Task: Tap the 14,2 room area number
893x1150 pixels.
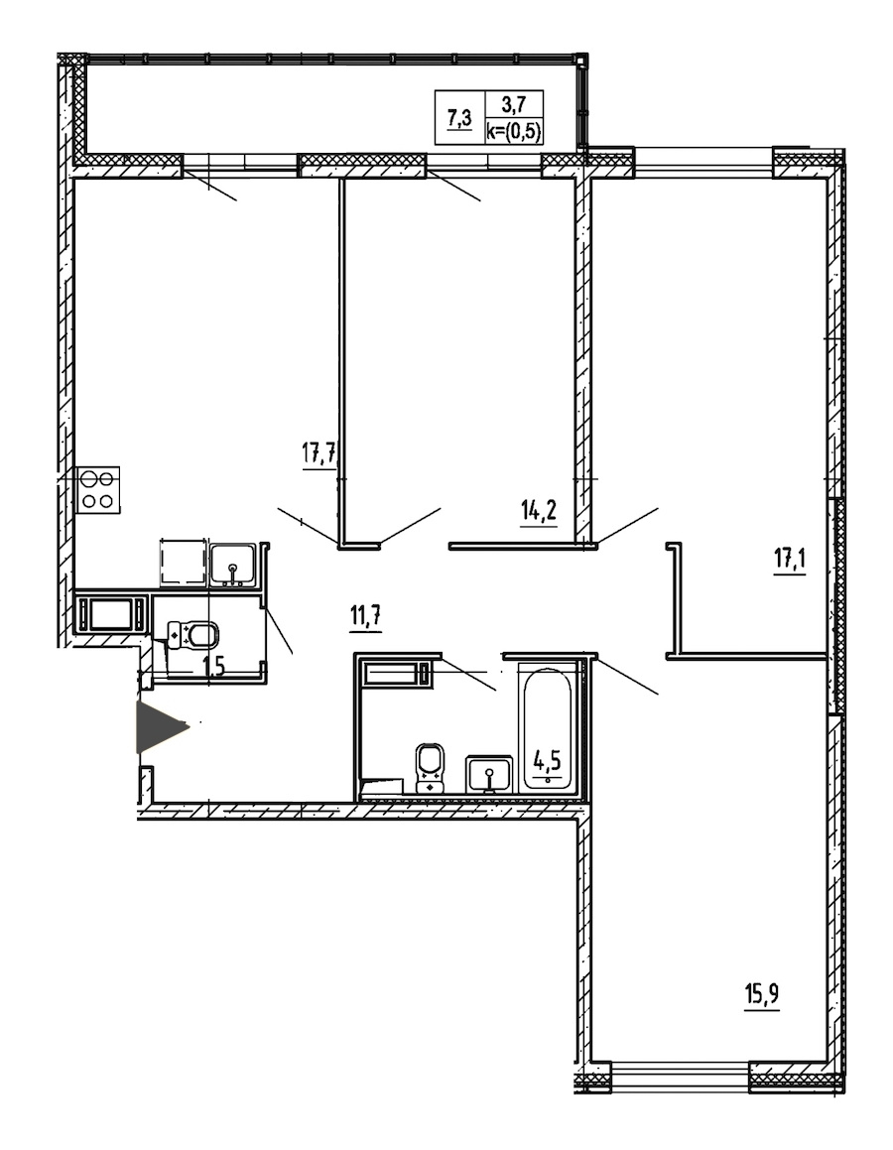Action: pos(539,510)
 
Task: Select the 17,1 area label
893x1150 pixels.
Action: pos(790,561)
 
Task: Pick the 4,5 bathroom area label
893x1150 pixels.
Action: pos(547,761)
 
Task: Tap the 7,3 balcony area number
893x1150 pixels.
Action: pos(459,117)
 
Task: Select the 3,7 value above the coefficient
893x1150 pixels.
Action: pos(513,102)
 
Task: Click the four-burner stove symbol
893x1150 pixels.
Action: pos(97,490)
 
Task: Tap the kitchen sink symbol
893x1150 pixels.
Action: pos(233,565)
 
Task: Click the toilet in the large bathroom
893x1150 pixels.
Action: pos(430,767)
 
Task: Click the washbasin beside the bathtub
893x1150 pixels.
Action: pos(490,774)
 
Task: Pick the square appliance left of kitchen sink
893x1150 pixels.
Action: pos(182,562)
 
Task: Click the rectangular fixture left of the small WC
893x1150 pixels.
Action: pos(111,613)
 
